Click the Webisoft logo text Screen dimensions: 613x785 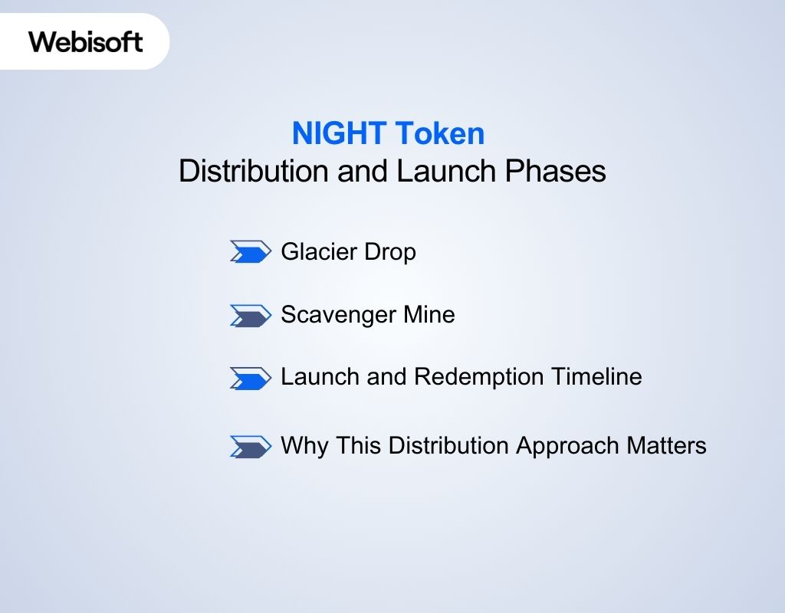pos(86,41)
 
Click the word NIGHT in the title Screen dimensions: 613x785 pos(338,134)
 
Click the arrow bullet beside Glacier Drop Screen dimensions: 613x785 pos(251,251)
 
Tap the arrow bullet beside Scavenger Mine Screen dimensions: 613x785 pos(251,315)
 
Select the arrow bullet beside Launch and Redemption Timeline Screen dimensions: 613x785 pos(251,378)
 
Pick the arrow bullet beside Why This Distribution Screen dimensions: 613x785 pos(251,446)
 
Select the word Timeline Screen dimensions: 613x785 pos(603,377)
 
